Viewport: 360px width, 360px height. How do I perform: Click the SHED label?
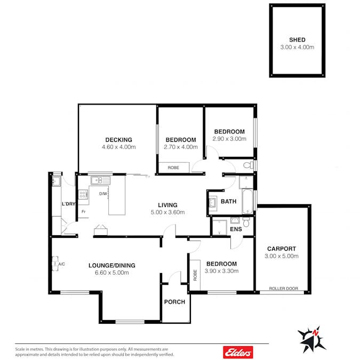pyautogui.click(x=297, y=39)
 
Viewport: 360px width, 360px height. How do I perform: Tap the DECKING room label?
pyautogui.click(x=119, y=140)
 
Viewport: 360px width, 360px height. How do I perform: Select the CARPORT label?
pyautogui.click(x=282, y=249)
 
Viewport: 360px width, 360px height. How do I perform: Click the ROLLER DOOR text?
pyautogui.click(x=284, y=289)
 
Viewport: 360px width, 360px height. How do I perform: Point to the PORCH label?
pyautogui.click(x=174, y=302)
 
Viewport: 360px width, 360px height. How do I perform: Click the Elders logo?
pyautogui.click(x=238, y=352)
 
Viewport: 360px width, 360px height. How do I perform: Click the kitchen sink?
pyautogui.click(x=101, y=180)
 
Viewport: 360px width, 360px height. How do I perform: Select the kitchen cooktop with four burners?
pyautogui.click(x=83, y=195)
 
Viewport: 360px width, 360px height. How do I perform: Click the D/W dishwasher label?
pyautogui.click(x=103, y=194)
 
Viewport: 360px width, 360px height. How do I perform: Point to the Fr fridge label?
pyautogui.click(x=83, y=211)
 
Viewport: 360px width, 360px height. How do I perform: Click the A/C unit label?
pyautogui.click(x=61, y=264)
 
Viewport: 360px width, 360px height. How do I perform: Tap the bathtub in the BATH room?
pyautogui.click(x=247, y=202)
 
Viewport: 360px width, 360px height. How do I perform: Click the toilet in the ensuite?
pyautogui.click(x=246, y=222)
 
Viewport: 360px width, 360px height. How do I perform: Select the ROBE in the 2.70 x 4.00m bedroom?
pyautogui.click(x=173, y=167)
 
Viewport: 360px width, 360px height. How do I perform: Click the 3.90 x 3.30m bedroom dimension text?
pyautogui.click(x=221, y=271)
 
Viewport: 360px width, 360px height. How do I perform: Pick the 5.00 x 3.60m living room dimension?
pyautogui.click(x=167, y=212)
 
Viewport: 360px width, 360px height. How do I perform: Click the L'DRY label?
pyautogui.click(x=69, y=204)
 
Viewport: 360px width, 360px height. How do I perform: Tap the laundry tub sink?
pyautogui.click(x=56, y=181)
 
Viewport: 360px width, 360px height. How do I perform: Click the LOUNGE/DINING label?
pyautogui.click(x=112, y=266)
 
